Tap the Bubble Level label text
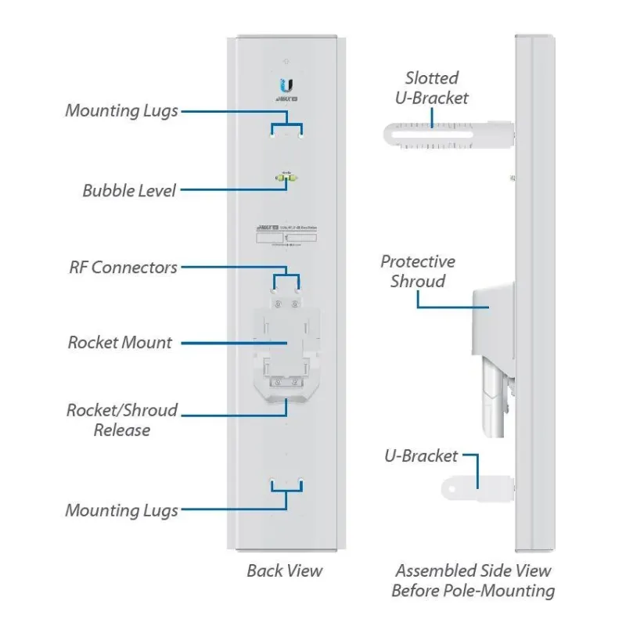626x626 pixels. click(129, 190)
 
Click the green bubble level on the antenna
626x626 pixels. click(286, 179)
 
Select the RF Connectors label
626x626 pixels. click(123, 268)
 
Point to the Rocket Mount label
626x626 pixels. click(120, 342)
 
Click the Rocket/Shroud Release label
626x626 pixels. click(121, 419)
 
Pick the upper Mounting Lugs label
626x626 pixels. click(121, 110)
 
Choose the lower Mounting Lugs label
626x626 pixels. click(121, 511)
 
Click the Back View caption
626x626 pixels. click(284, 570)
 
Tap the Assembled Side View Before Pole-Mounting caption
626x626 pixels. click(473, 581)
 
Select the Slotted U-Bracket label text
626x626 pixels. click(436, 88)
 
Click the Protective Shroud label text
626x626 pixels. click(417, 271)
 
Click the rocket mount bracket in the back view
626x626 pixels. click(286, 344)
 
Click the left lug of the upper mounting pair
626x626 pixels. click(272, 133)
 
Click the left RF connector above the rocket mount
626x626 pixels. click(276, 304)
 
